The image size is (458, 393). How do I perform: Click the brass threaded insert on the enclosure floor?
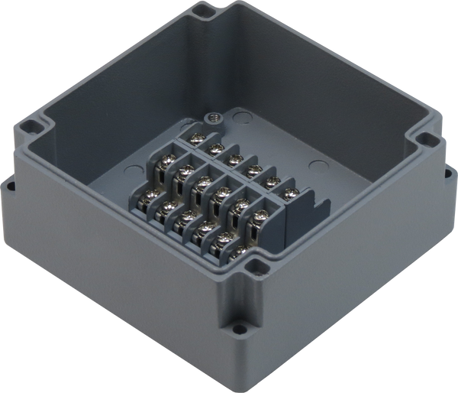click(x=214, y=118)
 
